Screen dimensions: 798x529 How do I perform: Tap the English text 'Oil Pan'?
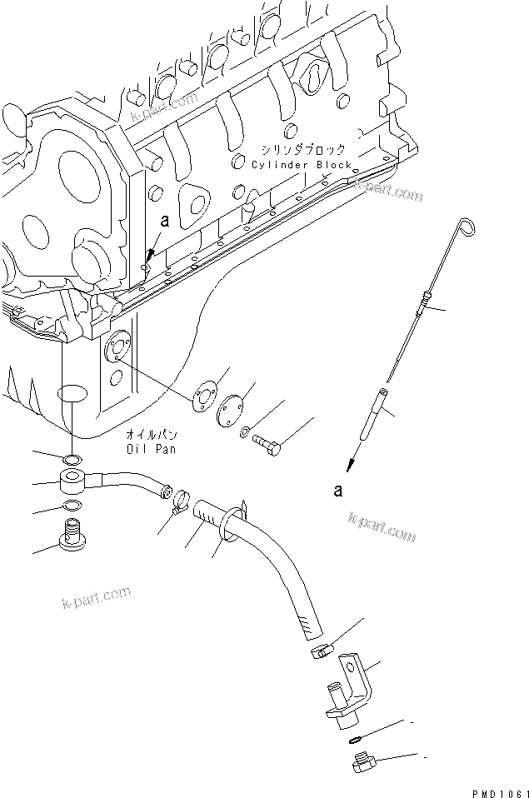(152, 448)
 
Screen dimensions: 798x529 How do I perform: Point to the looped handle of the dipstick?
(467, 225)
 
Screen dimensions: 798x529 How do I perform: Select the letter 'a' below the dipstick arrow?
(337, 491)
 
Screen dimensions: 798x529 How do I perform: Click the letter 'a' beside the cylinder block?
(164, 221)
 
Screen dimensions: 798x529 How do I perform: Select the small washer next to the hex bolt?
(242, 432)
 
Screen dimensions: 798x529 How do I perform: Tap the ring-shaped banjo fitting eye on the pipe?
(72, 481)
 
